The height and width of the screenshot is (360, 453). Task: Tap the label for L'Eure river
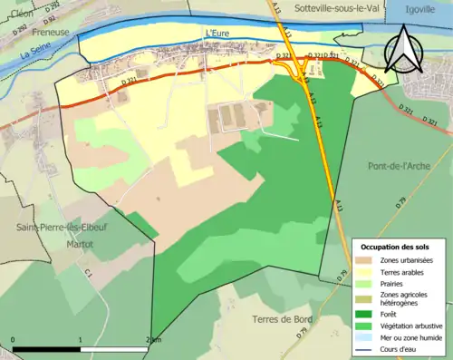(x=219, y=34)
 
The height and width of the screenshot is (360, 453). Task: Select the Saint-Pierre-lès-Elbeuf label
(x=53, y=227)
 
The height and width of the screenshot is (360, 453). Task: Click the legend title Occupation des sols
(x=397, y=247)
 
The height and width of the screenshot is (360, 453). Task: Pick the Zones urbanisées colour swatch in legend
(x=370, y=261)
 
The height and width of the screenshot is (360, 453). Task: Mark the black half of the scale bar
(x=46, y=348)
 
